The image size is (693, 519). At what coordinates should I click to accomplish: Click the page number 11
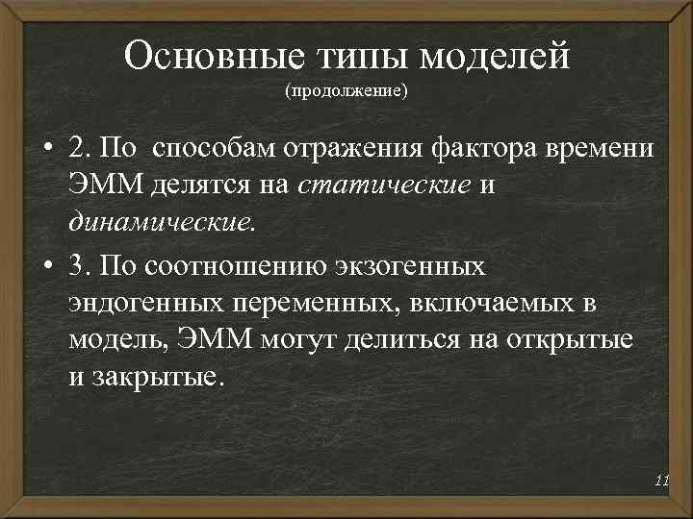[x=660, y=480]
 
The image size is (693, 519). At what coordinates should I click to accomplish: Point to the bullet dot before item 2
[x=46, y=153]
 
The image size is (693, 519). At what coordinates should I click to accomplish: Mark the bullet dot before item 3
[x=46, y=265]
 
